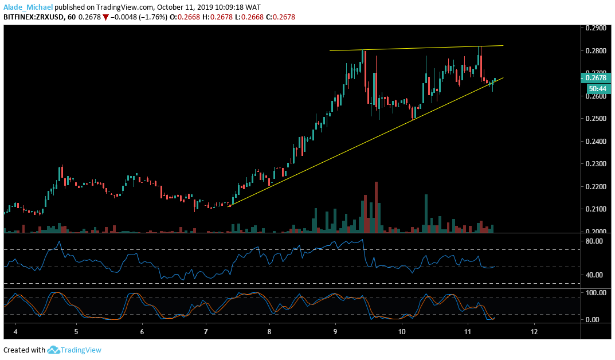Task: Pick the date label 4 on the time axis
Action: click(15, 332)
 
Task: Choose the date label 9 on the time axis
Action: click(335, 332)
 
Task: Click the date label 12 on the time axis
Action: click(534, 332)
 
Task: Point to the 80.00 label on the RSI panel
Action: click(594, 241)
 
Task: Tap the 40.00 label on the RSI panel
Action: click(594, 275)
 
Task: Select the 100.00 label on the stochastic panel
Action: click(596, 292)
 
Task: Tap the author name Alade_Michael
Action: click(28, 6)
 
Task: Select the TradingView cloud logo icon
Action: click(54, 350)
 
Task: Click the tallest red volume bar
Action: click(377, 206)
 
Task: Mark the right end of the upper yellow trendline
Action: click(503, 45)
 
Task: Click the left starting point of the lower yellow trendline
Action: click(228, 206)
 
